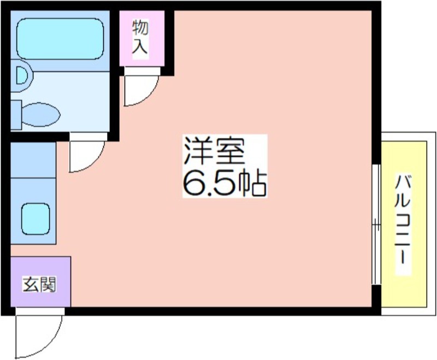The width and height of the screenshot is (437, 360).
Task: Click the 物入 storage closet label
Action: pos(140,36)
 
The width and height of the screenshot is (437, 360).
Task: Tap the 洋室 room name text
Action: pos(214,152)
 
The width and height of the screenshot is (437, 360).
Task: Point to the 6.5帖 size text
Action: pos(225,182)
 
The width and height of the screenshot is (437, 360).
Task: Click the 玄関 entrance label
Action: pos(39,284)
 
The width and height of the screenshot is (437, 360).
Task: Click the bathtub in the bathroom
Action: pos(60,39)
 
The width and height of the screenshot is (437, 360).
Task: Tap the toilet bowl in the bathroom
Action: pos(40,115)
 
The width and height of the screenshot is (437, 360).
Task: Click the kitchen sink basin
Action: pos(36,219)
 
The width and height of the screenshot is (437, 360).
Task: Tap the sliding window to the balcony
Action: pos(376,225)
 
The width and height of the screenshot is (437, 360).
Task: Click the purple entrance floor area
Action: pos(40,282)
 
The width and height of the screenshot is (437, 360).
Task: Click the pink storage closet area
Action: pos(142,38)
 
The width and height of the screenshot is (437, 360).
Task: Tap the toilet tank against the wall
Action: pos(16,115)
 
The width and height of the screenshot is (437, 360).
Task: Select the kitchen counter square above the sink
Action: pos(33,160)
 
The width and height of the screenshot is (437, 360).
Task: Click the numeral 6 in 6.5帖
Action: pos(193,183)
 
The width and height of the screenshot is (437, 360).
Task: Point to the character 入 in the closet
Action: pos(140,46)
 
